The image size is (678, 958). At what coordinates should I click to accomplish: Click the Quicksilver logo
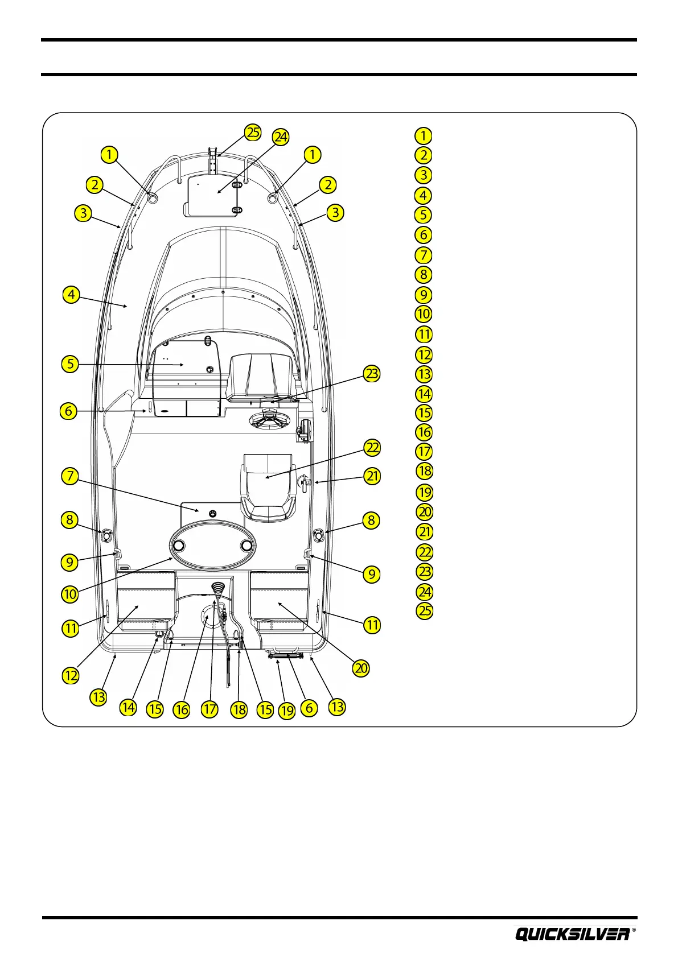tap(573, 934)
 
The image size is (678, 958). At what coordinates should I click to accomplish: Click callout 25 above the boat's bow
tap(252, 133)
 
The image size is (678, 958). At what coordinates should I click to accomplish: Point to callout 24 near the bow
tap(280, 137)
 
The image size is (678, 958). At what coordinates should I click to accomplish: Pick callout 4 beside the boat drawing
tap(71, 295)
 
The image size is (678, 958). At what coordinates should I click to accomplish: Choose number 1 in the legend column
tap(423, 136)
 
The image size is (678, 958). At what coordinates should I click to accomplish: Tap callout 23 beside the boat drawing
tap(372, 374)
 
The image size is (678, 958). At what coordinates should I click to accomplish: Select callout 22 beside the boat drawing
tap(372, 448)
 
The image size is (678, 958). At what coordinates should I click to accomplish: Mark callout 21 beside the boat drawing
tap(372, 476)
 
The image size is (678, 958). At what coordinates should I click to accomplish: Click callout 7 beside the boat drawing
tap(69, 476)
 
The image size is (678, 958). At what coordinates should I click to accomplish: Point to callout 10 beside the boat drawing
tap(69, 594)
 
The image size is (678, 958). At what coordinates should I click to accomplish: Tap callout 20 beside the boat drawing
tap(361, 668)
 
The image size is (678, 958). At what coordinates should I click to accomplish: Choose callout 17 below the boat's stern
tap(209, 709)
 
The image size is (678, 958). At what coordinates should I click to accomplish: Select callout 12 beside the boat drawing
tap(71, 675)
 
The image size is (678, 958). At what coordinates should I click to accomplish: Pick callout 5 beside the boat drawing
tap(69, 364)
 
